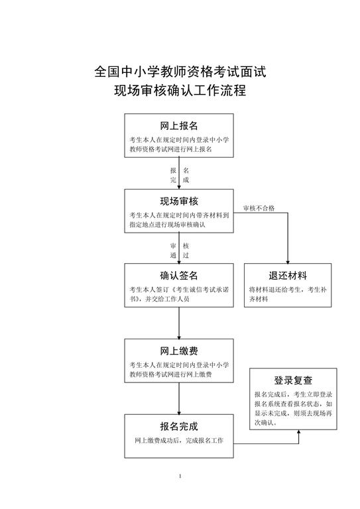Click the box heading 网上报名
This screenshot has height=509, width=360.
(179, 126)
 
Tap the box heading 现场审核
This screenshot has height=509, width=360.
(179, 201)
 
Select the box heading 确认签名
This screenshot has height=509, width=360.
(179, 276)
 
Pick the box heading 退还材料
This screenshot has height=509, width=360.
(288, 276)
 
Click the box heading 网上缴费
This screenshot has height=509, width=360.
(179, 351)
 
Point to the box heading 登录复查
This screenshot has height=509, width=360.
(293, 380)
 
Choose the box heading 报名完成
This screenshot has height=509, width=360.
(179, 426)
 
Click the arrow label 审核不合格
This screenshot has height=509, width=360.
(259, 208)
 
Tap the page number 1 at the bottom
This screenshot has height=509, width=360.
(180, 477)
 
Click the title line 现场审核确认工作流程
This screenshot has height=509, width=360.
(180, 90)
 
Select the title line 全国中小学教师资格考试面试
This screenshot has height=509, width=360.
(180, 72)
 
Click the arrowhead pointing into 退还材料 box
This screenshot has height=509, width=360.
(288, 262)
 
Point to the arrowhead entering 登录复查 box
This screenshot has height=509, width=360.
(298, 432)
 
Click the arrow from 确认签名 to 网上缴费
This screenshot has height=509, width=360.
(179, 323)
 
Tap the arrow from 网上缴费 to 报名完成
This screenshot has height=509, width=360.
(179, 398)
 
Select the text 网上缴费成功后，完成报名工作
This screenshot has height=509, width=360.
(179, 441)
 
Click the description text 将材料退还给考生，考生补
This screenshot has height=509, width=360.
(288, 289)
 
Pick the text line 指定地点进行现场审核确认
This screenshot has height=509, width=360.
(167, 224)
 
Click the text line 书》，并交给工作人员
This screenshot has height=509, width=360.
(159, 299)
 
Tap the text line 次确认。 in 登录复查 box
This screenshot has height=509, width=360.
(266, 423)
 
